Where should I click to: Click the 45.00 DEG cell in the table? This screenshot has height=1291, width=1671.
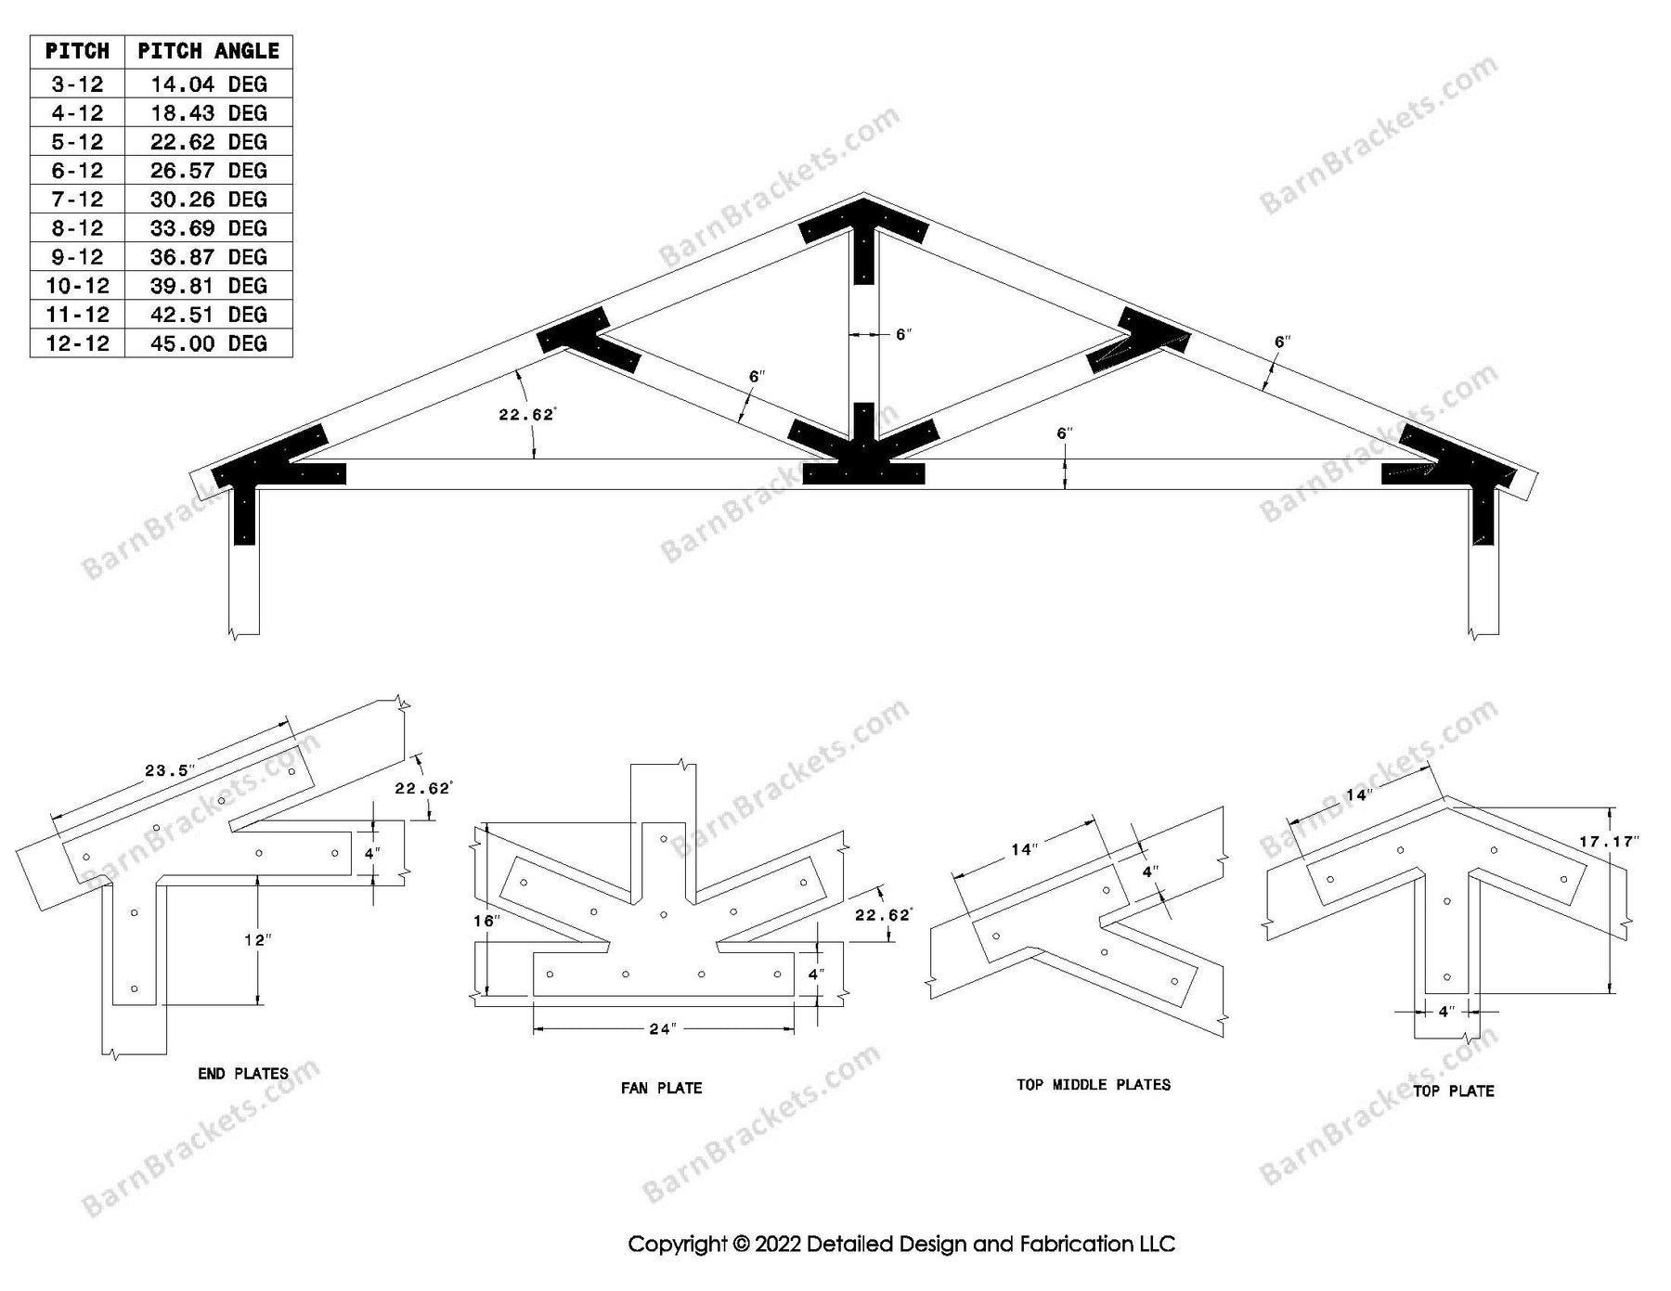[x=208, y=343]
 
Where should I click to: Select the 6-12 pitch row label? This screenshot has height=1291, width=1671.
[x=77, y=171]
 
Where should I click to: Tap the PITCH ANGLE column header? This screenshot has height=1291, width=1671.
[x=208, y=51]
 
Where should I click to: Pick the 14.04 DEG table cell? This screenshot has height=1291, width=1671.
[x=208, y=84]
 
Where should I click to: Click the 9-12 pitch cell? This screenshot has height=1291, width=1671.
[x=77, y=257]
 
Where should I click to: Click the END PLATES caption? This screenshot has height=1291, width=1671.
[x=243, y=1074]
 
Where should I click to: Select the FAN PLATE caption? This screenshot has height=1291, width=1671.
[x=661, y=1088]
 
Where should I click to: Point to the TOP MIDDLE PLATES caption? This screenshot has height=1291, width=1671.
[x=1094, y=1084]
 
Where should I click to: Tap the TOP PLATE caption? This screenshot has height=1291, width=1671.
[x=1454, y=1091]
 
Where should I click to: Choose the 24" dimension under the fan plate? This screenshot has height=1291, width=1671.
[x=661, y=1028]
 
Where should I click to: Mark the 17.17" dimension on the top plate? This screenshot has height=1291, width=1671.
[x=1609, y=842]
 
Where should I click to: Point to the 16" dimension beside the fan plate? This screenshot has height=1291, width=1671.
[x=486, y=921]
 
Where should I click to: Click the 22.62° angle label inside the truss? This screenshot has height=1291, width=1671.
[x=526, y=415]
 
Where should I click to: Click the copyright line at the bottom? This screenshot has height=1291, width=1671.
[x=901, y=1244]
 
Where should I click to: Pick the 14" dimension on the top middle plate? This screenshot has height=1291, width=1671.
[x=1022, y=849]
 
